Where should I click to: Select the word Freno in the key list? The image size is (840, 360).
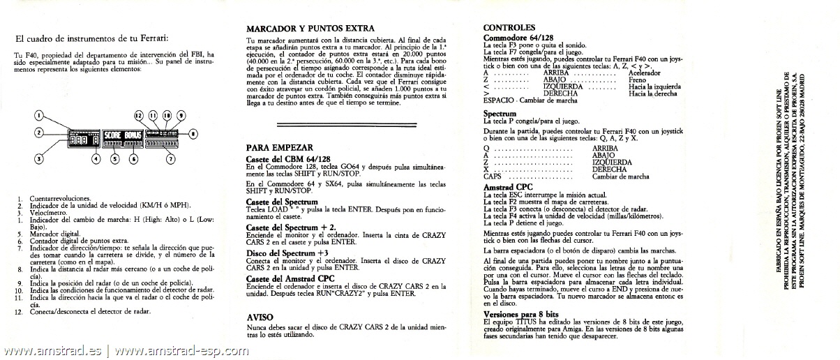(x=638, y=80)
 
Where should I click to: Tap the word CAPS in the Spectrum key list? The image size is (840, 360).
(x=493, y=177)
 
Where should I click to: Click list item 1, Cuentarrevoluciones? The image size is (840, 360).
(x=59, y=199)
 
